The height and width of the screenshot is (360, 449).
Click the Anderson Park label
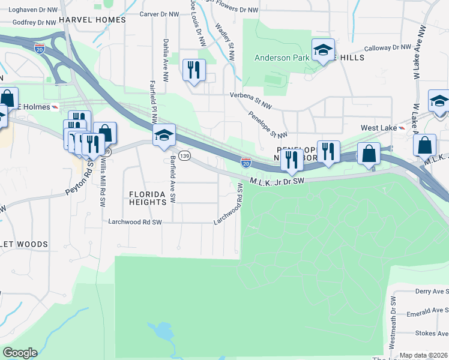(280, 58)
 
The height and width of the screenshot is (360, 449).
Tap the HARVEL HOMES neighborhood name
(97, 20)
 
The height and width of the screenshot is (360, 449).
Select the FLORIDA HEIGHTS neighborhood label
(148, 199)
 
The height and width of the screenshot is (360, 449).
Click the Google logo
(20, 353)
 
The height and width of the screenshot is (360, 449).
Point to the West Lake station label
(378, 128)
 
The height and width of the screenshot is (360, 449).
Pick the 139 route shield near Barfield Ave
(185, 156)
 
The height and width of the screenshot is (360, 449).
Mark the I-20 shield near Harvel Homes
(40, 46)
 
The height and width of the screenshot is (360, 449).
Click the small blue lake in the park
(160, 331)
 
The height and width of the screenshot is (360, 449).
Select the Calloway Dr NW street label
(387, 49)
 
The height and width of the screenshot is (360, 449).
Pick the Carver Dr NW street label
(159, 14)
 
